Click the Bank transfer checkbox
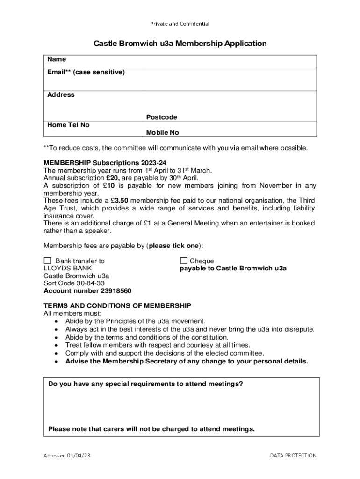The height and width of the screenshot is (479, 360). click(47, 261)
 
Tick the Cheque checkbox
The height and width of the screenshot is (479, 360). click(184, 261)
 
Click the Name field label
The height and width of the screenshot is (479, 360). click(57, 59)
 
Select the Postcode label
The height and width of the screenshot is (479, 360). click(161, 117)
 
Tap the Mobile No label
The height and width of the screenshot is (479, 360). click(162, 132)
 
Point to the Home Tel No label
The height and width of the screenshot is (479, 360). click(68, 125)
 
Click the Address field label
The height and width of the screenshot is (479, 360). click(61, 94)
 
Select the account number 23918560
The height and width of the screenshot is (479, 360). click(87, 290)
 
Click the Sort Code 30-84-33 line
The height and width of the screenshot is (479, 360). click(74, 283)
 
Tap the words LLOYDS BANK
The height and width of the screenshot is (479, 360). click(68, 268)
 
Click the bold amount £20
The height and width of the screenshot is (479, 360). click(114, 178)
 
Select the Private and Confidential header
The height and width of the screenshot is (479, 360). click(180, 24)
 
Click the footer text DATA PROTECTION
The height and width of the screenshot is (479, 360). click(293, 455)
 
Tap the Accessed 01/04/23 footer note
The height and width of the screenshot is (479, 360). click(67, 455)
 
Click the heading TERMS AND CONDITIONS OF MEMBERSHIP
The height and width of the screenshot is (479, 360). click(117, 305)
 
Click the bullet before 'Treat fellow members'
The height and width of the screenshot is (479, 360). click(56, 345)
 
